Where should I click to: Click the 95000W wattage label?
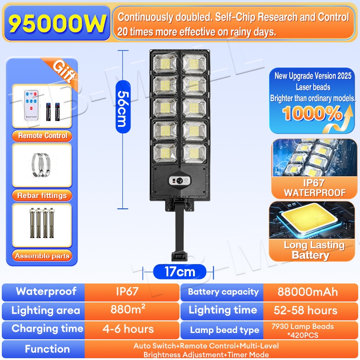pyautogui.click(x=58, y=24)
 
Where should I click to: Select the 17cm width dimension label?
pyautogui.click(x=180, y=272)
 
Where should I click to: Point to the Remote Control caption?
pyautogui.click(x=43, y=135)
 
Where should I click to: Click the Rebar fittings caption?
pyautogui.click(x=42, y=195)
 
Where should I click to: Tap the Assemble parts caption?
pyautogui.click(x=42, y=256)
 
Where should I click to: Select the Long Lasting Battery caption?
pyautogui.click(x=314, y=250)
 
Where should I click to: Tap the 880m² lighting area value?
pyautogui.click(x=128, y=310)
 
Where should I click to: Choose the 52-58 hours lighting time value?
pyautogui.click(x=306, y=310)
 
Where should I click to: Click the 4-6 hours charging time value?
pyautogui.click(x=128, y=329)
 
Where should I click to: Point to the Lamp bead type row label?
pyautogui.click(x=225, y=330)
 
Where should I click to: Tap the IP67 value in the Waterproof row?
pyautogui.click(x=127, y=291)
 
